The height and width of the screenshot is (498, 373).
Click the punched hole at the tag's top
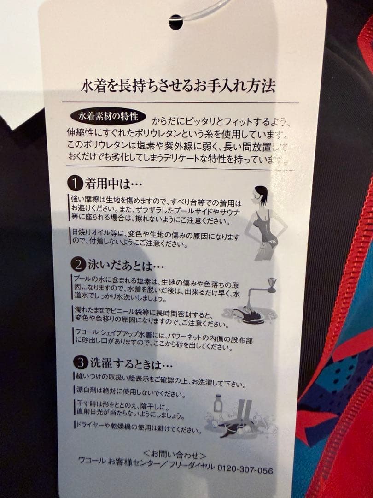[175, 22]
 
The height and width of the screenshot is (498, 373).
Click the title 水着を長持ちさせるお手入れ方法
[178, 86]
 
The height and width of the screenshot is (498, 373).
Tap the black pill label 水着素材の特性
[108, 115]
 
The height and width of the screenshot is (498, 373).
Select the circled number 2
[76, 264]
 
